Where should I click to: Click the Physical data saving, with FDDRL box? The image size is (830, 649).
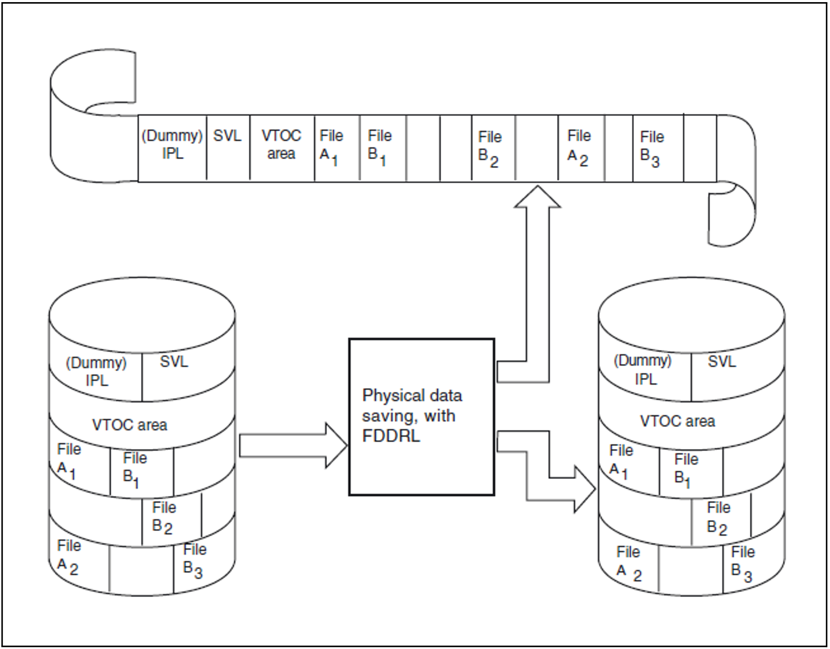[421, 416]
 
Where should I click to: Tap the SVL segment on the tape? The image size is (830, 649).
[228, 147]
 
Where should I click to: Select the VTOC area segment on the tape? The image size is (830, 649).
[282, 147]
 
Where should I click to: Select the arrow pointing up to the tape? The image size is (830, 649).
[537, 275]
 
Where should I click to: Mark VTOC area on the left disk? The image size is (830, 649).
[130, 424]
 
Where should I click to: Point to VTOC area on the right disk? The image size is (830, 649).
[677, 421]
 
